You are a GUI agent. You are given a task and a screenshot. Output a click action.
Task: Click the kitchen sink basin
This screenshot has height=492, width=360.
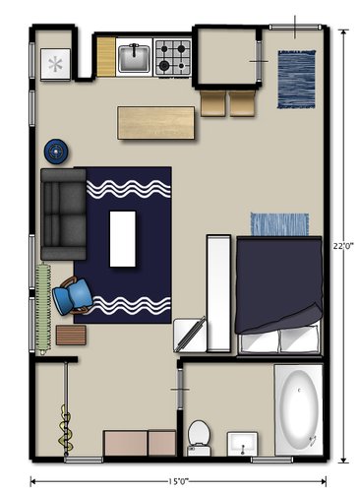click(134, 58)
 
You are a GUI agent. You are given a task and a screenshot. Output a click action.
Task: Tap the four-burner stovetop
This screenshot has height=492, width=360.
click(173, 57)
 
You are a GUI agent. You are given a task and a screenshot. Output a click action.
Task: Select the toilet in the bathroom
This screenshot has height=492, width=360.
click(199, 438)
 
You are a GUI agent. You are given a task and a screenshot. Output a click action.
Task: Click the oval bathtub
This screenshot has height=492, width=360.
click(299, 410)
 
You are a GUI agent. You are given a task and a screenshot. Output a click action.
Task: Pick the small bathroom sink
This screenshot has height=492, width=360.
click(242, 444)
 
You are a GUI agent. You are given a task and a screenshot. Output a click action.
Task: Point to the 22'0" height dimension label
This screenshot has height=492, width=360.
click(343, 246)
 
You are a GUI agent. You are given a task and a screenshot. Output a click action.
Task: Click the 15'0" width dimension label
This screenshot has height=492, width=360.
click(178, 481)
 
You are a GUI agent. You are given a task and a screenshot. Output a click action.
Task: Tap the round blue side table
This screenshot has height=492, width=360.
click(56, 152)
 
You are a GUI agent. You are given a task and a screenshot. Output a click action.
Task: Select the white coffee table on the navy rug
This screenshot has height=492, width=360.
click(123, 238)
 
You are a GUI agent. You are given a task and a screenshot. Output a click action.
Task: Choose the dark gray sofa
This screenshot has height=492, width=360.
click(63, 214)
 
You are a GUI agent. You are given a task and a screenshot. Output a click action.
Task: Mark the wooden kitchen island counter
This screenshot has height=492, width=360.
click(156, 123)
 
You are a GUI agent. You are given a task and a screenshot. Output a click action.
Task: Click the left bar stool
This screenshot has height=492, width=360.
click(213, 103)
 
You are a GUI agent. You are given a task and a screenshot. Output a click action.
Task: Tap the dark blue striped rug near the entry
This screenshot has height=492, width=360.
click(297, 79)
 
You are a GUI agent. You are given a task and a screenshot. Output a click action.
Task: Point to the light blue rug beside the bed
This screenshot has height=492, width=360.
click(279, 224)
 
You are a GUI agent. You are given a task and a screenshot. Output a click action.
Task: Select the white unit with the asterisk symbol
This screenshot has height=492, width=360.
click(55, 64)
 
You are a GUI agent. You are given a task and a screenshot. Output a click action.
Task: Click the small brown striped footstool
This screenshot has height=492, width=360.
click(71, 335)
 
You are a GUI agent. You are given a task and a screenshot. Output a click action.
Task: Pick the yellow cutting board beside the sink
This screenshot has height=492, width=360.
click(106, 57)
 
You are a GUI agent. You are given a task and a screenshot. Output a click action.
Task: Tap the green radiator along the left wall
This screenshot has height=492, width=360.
click(43, 308)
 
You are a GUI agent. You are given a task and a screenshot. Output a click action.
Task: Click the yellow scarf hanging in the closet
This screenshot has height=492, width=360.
click(66, 429)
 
